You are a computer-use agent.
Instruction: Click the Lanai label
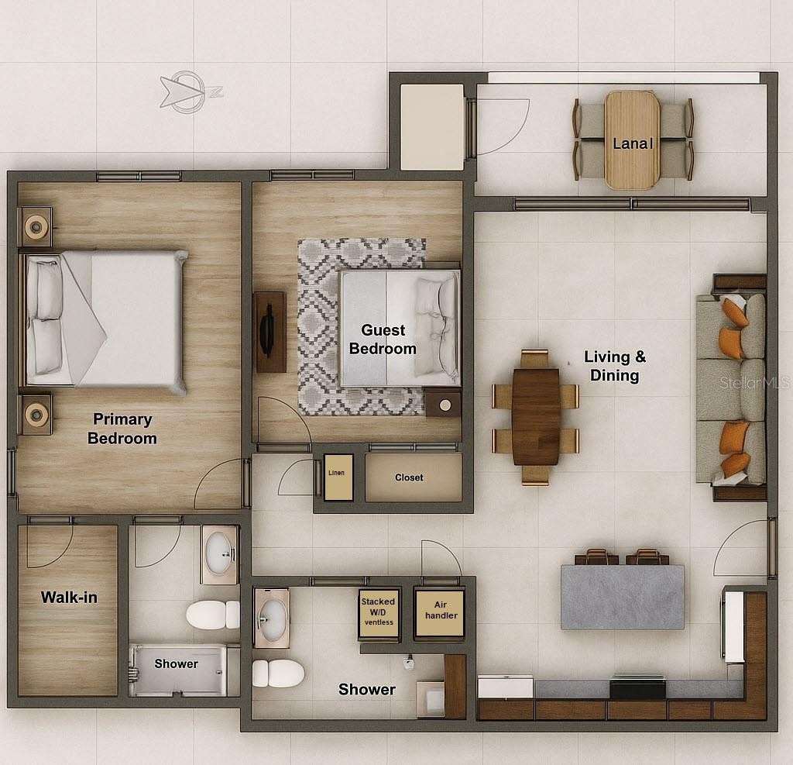pos(633,144)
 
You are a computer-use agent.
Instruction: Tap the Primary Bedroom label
pos(122,429)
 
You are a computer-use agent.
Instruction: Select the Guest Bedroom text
pos(383,339)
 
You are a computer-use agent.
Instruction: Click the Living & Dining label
pos(615,366)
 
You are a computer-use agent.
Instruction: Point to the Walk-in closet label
pos(69,597)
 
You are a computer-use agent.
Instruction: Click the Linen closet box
pos(338,477)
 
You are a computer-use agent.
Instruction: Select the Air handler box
pos(440,612)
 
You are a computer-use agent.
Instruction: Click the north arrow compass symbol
pos(188,92)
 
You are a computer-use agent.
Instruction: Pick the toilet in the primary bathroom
pos(212,615)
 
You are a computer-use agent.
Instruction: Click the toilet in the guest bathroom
pos(278,674)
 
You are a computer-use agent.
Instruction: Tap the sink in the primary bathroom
pos(219,554)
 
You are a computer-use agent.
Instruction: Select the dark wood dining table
pos(536,416)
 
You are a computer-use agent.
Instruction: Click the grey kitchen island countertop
pos(623,597)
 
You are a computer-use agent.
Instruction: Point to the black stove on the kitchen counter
pos(637,687)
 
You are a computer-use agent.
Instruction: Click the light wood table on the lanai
pos(632,140)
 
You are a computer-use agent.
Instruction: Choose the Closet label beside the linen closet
pos(409,477)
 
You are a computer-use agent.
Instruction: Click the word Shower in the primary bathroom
pos(176,663)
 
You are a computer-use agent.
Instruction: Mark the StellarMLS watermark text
pos(754,382)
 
